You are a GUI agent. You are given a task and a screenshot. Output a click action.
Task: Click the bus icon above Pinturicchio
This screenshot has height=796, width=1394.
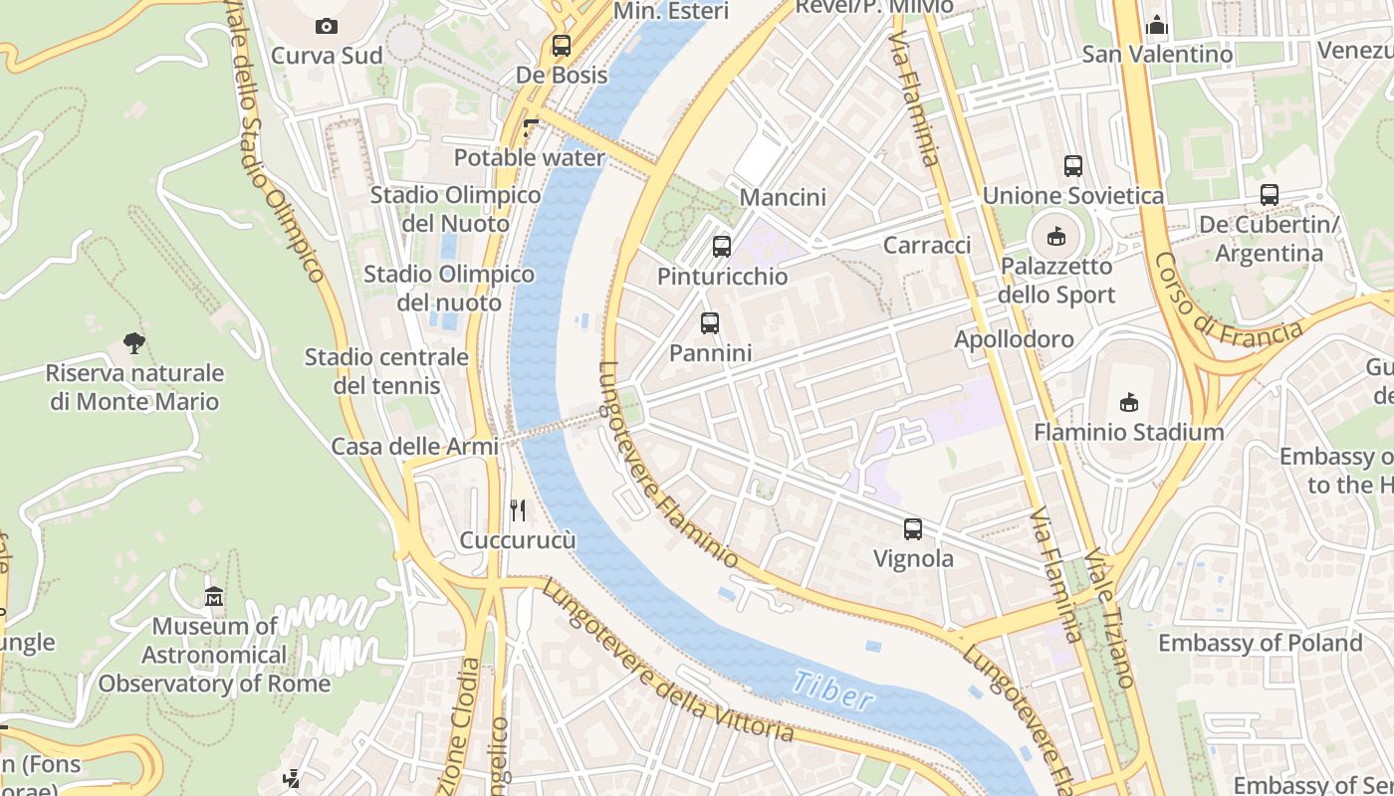722,246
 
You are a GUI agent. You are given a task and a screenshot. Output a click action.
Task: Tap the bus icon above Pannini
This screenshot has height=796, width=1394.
709,322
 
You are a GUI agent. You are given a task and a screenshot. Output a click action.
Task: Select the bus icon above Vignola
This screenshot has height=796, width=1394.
913,529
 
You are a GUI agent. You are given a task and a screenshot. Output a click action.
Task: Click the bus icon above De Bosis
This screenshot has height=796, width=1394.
562,45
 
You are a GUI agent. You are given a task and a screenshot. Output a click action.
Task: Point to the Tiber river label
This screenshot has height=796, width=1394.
833,691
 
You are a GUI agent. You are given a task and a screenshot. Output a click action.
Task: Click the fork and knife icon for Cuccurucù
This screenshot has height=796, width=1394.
518,510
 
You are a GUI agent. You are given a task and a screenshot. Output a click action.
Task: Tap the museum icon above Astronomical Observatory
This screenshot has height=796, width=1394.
214,597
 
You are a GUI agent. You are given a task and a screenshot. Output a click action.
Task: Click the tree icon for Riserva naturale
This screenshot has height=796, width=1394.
134,343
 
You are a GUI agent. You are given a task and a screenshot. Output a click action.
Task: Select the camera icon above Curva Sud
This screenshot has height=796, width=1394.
326,26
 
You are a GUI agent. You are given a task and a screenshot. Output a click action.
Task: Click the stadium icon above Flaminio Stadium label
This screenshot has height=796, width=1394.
1128,402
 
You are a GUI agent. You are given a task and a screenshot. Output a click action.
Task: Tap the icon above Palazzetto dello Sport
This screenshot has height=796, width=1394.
1055,237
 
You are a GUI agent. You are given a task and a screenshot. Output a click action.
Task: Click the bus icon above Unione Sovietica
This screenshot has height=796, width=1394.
1072,166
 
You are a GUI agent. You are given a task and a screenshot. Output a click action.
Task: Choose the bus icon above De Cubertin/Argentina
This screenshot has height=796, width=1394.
1269,195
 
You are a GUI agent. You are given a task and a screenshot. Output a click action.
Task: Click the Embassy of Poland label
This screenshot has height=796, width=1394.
1260,643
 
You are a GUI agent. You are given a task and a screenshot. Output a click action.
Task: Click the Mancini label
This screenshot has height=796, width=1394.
783,197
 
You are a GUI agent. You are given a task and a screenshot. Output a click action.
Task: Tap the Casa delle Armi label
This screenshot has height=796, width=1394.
414,447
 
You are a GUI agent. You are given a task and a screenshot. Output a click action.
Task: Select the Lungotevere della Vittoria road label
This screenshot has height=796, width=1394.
667,661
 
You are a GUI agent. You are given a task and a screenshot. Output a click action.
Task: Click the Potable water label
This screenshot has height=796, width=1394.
529,158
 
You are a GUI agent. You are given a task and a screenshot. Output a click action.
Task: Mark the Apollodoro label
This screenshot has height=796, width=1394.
1014,339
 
